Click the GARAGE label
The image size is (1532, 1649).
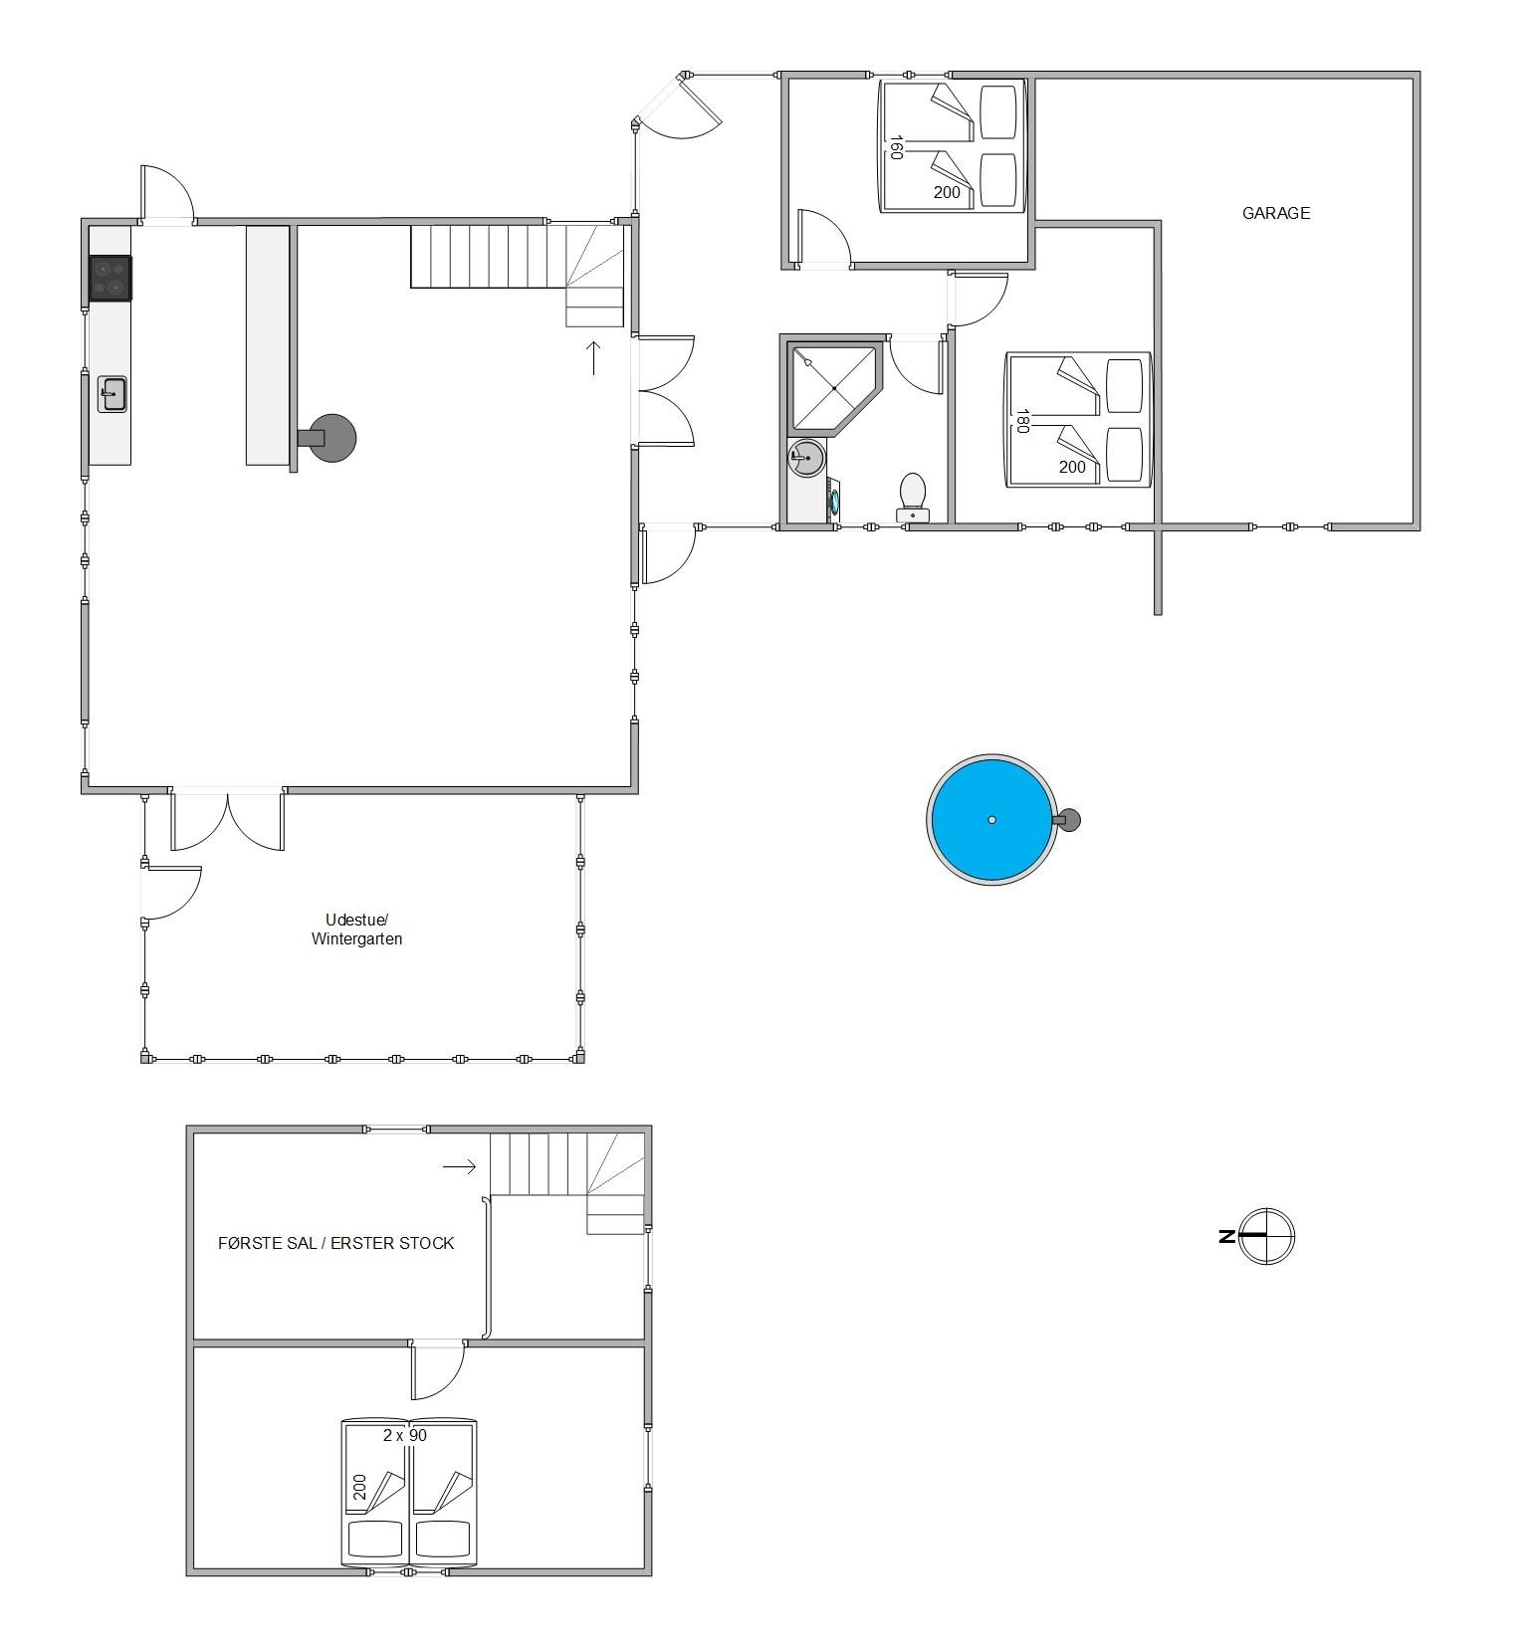(1275, 213)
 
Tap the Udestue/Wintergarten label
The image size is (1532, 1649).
(356, 928)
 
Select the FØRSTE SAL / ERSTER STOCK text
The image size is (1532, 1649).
(336, 1243)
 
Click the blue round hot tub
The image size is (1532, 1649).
(991, 820)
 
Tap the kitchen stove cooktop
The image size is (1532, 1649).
(110, 278)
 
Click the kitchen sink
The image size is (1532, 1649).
(112, 393)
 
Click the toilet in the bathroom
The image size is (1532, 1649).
(913, 498)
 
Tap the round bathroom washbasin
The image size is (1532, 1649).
(806, 459)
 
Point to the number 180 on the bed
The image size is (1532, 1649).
(1020, 420)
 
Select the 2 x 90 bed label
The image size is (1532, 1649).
(404, 1435)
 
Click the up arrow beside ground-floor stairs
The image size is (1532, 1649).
(594, 357)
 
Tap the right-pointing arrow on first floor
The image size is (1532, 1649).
(459, 1166)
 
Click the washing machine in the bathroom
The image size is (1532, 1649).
(833, 500)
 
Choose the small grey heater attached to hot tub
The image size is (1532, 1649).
(1067, 820)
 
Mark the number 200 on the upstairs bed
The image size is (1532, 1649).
(359, 1487)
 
